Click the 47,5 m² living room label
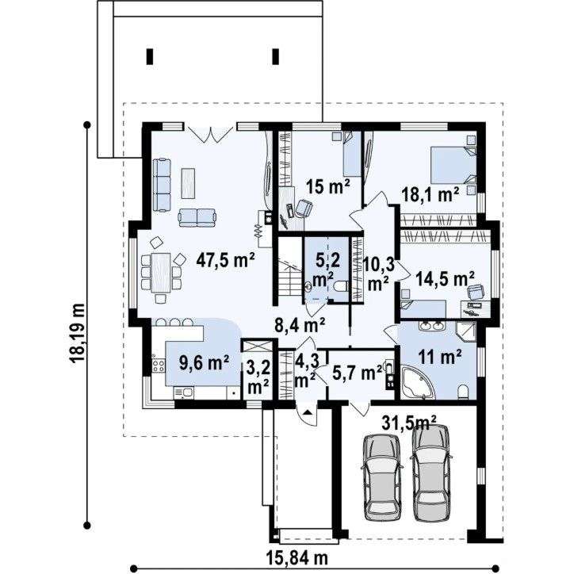(225, 260)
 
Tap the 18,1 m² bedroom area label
(430, 194)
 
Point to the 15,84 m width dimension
(296, 559)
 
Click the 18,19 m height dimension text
(78, 332)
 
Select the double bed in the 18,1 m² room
(453, 165)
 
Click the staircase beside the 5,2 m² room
(290, 272)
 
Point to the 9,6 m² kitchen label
(204, 363)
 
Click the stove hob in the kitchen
(159, 365)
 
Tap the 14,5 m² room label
(446, 279)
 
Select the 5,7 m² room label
(357, 373)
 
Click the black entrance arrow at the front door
(308, 412)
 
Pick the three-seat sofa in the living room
(162, 185)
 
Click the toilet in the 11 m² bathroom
(463, 392)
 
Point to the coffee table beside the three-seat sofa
(188, 183)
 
